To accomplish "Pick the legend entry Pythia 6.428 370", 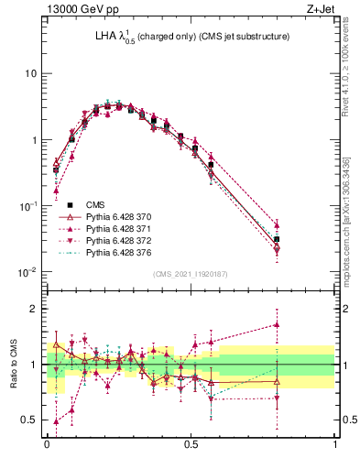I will [118, 216].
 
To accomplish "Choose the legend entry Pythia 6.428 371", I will [118, 228].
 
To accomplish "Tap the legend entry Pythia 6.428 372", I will [118, 240].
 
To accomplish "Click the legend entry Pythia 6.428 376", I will [118, 252].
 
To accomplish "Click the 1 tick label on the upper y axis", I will [34, 140].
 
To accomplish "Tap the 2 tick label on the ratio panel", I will [34, 309].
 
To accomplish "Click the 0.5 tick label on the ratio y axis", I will [30, 420].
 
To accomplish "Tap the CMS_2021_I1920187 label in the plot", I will [191, 273].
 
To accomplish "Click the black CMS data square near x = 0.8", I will [277, 239].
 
